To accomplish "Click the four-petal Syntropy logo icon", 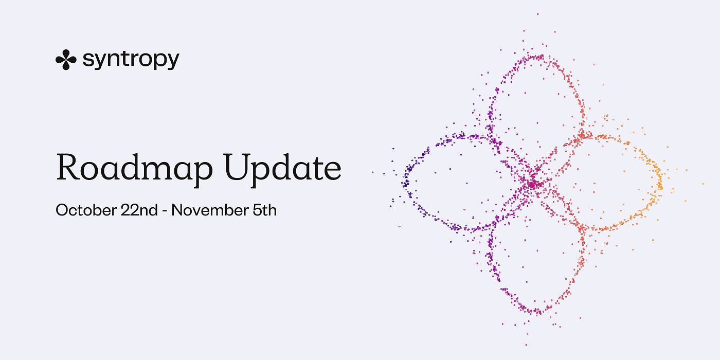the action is (x=66, y=60).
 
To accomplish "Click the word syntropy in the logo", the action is (x=131, y=60).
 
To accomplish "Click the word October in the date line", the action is (x=86, y=210).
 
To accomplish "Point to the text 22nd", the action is (x=139, y=210).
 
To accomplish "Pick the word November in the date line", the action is (x=210, y=210).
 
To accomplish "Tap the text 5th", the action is (x=264, y=210).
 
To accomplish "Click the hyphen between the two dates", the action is (x=165, y=212).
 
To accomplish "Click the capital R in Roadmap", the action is (x=67, y=167).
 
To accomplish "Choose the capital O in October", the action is (x=63, y=210).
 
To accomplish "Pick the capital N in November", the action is (x=178, y=210).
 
